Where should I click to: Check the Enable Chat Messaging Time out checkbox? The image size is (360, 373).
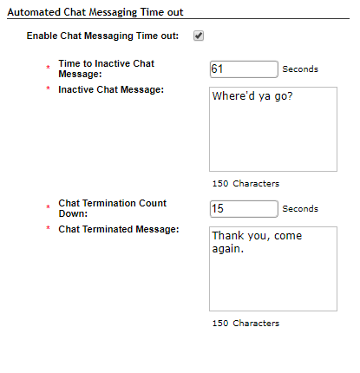tap(199, 36)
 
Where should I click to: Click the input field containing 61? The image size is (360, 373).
tap(244, 69)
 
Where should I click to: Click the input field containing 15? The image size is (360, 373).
tap(244, 209)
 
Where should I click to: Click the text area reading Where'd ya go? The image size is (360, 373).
tap(273, 129)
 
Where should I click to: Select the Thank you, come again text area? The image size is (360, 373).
tap(273, 269)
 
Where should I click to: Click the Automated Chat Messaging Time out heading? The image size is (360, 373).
tap(95, 12)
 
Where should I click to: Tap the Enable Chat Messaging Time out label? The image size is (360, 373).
tap(102, 36)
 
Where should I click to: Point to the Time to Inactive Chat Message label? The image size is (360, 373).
tap(107, 69)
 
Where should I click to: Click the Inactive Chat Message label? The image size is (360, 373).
tap(111, 89)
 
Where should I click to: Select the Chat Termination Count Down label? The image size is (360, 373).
tap(113, 208)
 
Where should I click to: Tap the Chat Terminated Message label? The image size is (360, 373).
tap(119, 229)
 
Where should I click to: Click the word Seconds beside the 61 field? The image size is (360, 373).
tap(300, 69)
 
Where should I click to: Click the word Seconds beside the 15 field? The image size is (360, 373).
tap(300, 209)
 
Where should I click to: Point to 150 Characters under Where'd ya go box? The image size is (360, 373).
tap(245, 184)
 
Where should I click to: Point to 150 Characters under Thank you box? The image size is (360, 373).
tap(245, 324)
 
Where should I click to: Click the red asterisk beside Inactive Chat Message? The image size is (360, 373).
tap(48, 88)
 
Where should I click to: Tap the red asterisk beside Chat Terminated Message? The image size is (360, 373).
tap(48, 228)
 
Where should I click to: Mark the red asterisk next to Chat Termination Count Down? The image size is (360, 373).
tap(48, 206)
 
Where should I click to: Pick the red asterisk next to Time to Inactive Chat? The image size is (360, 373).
tap(48, 67)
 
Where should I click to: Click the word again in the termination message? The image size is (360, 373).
tap(228, 249)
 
